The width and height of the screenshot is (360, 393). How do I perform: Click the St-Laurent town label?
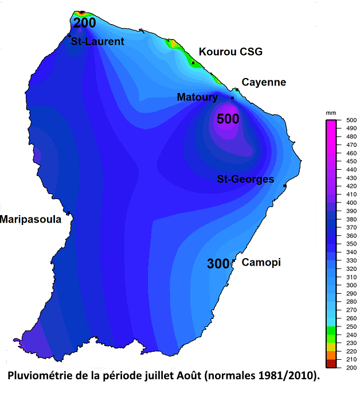pos(97,41)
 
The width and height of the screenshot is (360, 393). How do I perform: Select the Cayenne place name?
pos(264,83)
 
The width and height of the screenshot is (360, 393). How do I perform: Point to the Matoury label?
pos(197,98)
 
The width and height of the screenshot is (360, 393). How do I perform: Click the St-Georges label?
pos(245,180)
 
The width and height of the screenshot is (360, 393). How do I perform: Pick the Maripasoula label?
pos(30,219)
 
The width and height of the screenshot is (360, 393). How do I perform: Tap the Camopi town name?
pos(261,263)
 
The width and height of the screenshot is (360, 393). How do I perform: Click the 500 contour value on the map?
pos(228,119)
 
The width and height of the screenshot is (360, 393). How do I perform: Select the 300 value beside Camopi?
pos(218,264)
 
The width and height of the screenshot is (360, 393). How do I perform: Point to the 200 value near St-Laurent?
pos(84,23)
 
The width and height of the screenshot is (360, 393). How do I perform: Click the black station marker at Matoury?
pos(232,98)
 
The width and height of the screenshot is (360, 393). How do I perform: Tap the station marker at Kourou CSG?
pos(193,63)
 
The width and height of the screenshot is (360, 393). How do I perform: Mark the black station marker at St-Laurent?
pos(69,36)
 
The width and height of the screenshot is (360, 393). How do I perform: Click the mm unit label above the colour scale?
pos(331,113)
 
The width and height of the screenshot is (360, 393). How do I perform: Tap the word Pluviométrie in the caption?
pos(40,377)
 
